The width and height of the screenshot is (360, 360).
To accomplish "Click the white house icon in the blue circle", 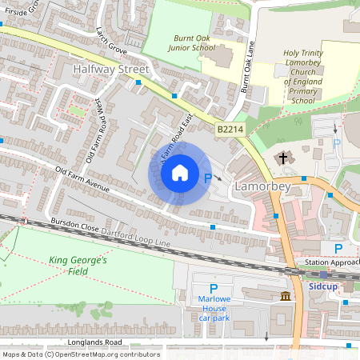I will coord(180,173).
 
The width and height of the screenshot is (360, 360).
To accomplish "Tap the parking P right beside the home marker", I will coord(209,180).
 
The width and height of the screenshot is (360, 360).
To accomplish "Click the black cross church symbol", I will coord(283,158).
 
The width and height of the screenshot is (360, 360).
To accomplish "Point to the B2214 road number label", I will coord(228,128).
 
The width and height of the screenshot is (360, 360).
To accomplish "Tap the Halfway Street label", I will coord(110,70).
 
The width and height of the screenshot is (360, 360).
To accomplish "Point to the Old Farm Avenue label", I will coord(82,182).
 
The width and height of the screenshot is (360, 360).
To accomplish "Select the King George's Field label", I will coord(78,266).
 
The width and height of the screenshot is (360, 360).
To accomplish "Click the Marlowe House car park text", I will coord(214,308).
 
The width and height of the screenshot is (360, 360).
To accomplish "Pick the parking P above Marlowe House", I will coord(214,289).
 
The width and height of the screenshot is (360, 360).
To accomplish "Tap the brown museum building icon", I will coord(286,298).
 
